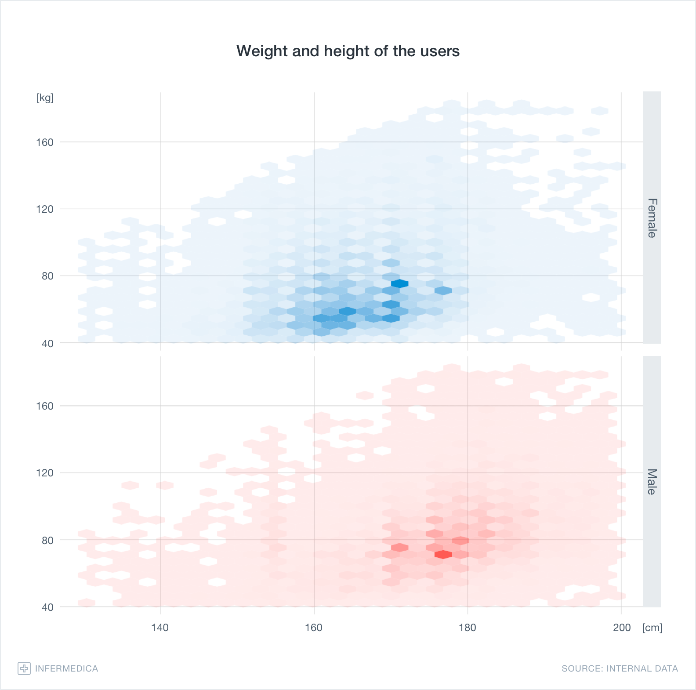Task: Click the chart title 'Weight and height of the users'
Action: (348, 51)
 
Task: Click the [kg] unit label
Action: (45, 98)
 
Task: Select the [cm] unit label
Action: (652, 628)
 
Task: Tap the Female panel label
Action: (652, 218)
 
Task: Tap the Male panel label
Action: (652, 482)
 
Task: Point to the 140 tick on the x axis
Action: (160, 628)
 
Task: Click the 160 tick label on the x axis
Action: (314, 628)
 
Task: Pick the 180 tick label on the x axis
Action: (467, 628)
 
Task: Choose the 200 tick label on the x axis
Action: (622, 628)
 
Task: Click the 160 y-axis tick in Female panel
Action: (45, 142)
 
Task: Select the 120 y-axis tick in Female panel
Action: (45, 209)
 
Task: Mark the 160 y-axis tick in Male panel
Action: (45, 406)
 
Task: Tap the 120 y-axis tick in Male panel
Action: (45, 473)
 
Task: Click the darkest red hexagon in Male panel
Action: (443, 555)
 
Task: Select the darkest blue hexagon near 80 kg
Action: (399, 283)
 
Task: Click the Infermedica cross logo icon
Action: (24, 668)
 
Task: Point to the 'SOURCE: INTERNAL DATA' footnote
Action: (620, 668)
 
